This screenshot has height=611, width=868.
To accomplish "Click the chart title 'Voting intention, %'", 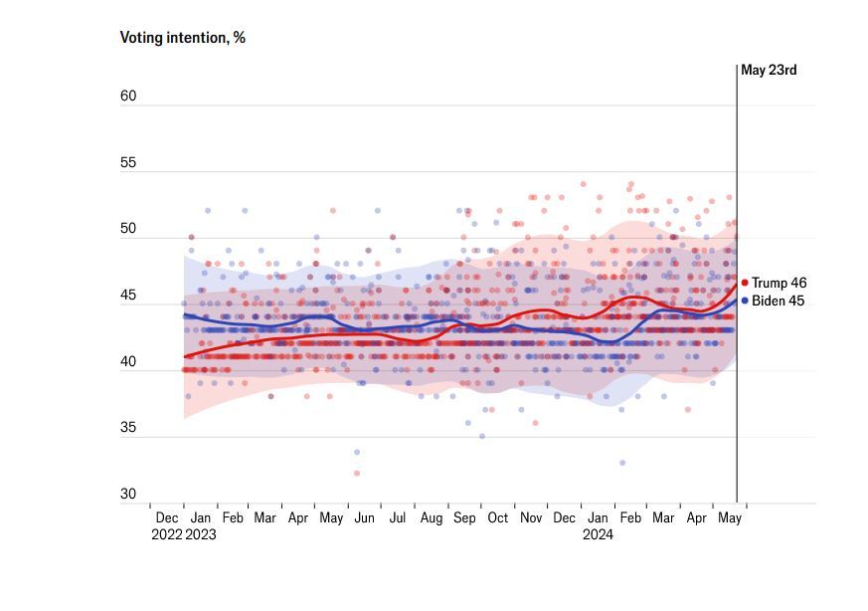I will click(x=182, y=38).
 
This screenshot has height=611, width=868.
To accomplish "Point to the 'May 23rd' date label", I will click(x=769, y=71).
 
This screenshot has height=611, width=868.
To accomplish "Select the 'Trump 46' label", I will click(x=779, y=284).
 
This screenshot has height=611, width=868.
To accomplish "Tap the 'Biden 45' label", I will click(x=779, y=301).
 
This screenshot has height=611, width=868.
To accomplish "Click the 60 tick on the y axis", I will click(x=128, y=97).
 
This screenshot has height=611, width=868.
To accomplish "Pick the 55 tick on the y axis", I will click(x=128, y=163).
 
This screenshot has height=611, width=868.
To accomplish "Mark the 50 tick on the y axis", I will click(x=128, y=229).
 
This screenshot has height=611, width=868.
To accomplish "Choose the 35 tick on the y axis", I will click(x=128, y=428).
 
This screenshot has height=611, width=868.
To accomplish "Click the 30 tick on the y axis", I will click(x=128, y=495).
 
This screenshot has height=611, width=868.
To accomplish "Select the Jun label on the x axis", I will click(x=365, y=518).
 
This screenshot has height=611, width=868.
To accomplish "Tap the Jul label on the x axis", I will click(x=398, y=518).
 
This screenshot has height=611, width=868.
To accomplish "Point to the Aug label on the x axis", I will click(x=432, y=518).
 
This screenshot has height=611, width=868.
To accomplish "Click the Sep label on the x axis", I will click(x=464, y=518).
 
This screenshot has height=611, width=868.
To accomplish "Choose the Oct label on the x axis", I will click(x=497, y=518).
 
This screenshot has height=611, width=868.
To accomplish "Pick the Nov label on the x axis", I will click(x=531, y=518).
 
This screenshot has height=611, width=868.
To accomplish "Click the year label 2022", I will click(x=166, y=534).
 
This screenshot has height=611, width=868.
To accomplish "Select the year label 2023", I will click(x=200, y=534).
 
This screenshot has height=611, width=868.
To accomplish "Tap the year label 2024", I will click(x=598, y=534).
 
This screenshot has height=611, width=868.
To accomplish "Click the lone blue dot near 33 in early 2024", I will click(x=622, y=463).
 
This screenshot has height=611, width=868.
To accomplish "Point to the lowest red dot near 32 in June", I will click(x=357, y=473).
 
